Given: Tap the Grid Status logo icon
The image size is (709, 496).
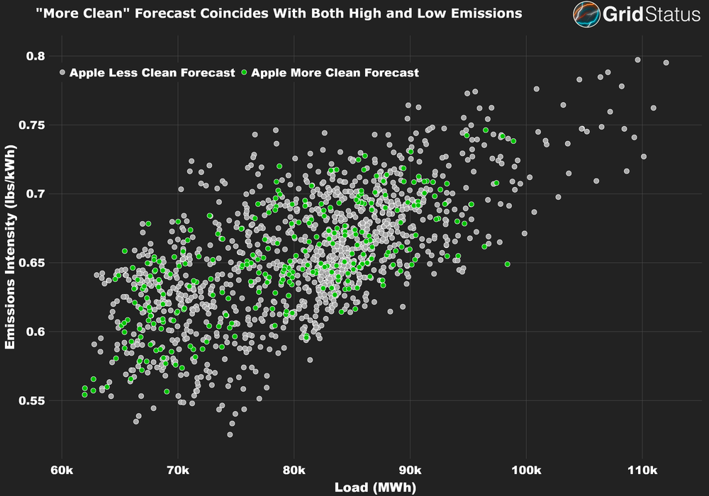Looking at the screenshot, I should click(x=585, y=14).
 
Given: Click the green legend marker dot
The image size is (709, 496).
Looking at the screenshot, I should click(x=245, y=72).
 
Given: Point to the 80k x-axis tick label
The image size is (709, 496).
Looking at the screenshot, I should click(x=294, y=470).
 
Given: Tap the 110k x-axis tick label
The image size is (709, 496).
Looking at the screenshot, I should click(x=642, y=470).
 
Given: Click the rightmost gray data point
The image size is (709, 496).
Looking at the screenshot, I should click(x=666, y=62).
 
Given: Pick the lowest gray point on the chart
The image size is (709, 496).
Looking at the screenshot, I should click(x=230, y=434).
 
